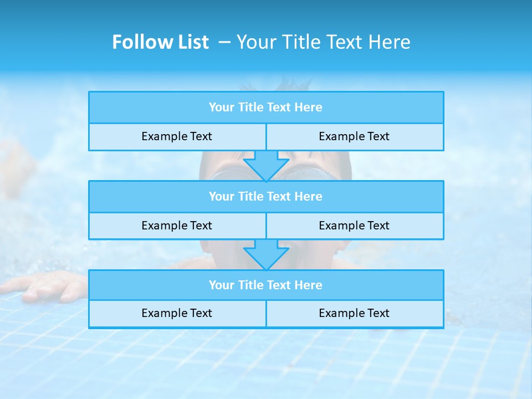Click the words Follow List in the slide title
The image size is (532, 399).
(x=160, y=42)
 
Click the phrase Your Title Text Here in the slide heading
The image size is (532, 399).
(x=323, y=42)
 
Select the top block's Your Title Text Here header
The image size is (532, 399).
(x=265, y=108)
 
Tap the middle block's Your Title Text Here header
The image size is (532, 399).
(x=265, y=196)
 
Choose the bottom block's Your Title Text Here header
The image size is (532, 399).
(x=265, y=285)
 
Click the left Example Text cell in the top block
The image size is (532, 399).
(x=177, y=137)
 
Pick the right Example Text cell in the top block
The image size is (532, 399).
(x=354, y=137)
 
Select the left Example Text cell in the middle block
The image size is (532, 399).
(x=177, y=226)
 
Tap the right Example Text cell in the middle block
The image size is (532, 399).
(x=354, y=226)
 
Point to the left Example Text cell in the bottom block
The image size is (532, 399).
(x=177, y=314)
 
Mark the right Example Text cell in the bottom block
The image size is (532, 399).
(x=354, y=314)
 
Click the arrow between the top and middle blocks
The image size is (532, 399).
(x=266, y=165)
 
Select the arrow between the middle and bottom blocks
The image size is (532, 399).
(x=266, y=254)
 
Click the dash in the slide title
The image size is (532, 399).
(x=224, y=42)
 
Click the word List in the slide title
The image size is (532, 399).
(x=192, y=42)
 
